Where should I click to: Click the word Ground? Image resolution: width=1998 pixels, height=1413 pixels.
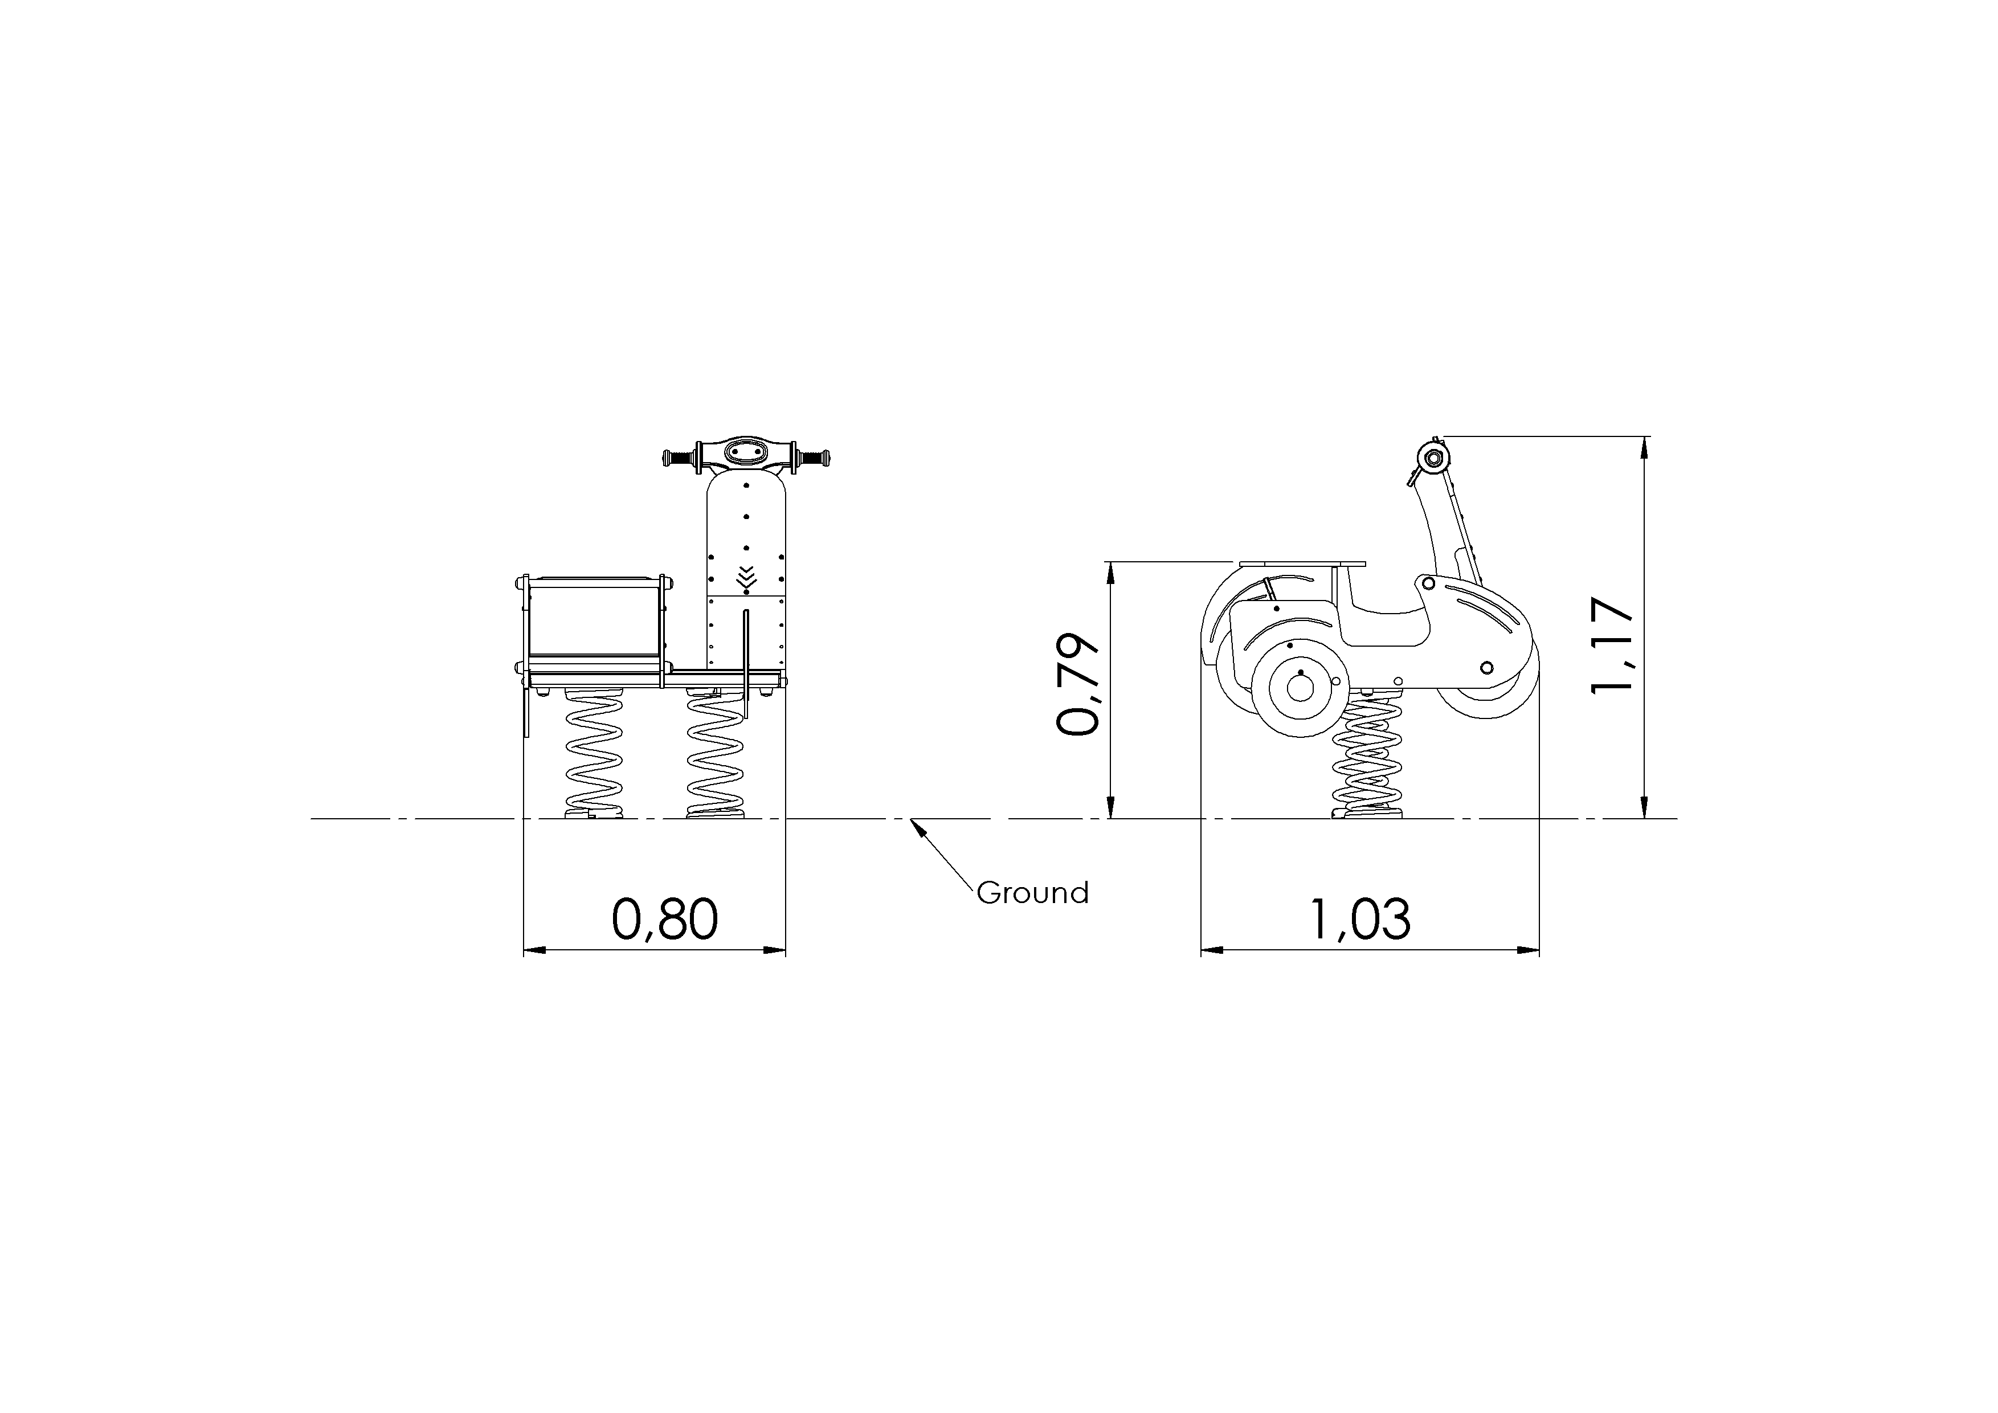coord(1032,893)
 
